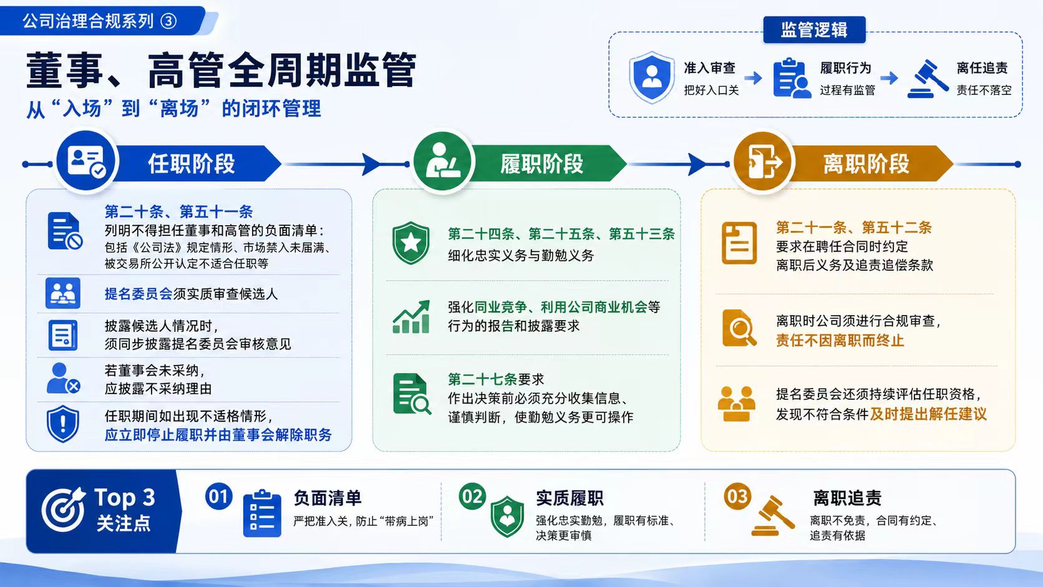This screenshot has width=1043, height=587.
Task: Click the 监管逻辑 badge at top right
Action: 815,30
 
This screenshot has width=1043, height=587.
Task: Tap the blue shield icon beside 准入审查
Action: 651,77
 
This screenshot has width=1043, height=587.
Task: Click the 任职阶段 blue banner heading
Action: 192,164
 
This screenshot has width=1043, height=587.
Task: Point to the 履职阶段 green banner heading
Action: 541,164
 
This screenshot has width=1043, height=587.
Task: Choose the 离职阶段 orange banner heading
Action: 866,164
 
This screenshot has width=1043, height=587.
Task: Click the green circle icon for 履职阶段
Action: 442,161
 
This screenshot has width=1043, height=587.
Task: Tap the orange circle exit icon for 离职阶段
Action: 763,162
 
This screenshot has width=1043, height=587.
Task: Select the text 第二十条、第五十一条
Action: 178,212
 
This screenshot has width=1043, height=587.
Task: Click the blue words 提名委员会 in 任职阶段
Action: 138,294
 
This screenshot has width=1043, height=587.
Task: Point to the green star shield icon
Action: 410,243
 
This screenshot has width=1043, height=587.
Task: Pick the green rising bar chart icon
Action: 411,316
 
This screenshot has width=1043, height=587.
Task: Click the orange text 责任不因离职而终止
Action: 840,341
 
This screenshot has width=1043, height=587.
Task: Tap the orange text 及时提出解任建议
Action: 928,414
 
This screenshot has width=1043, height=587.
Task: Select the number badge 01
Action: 218,496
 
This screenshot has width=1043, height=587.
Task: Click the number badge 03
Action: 737,496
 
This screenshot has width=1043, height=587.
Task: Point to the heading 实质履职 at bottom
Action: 570,498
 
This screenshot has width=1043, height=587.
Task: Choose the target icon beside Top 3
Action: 63,510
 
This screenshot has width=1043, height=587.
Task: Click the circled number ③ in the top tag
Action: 168,21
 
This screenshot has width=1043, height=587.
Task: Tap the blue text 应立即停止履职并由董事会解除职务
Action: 218,435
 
